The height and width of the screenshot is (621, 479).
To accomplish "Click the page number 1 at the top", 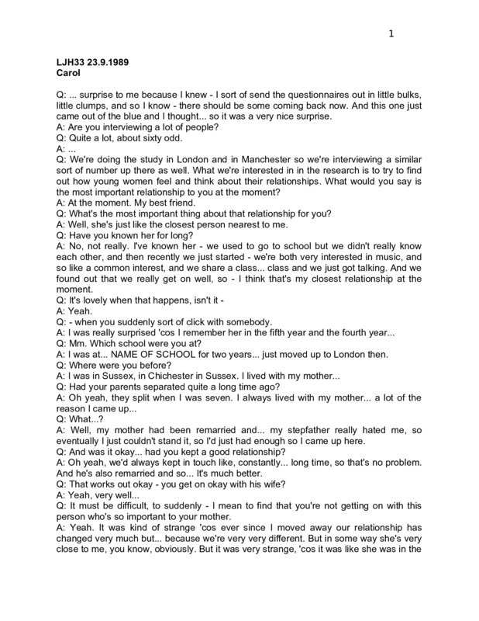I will [x=392, y=33].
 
